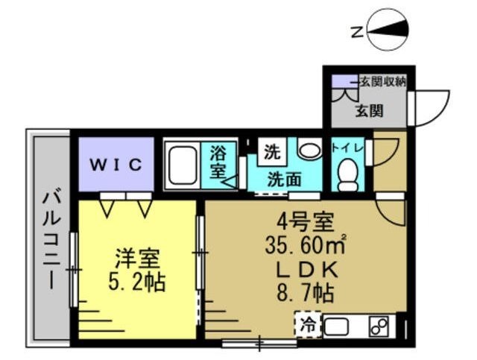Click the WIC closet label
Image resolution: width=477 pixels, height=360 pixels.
[x=116, y=165]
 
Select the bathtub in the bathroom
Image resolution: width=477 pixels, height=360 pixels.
[x=182, y=166]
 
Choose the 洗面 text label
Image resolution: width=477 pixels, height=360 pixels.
[x=283, y=179]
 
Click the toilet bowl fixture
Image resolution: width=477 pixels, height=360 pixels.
[x=347, y=174]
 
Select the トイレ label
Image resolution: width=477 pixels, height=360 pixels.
[x=347, y=148]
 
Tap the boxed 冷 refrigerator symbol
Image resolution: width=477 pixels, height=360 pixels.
[x=307, y=325]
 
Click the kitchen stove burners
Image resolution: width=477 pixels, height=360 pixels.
[x=379, y=326]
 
